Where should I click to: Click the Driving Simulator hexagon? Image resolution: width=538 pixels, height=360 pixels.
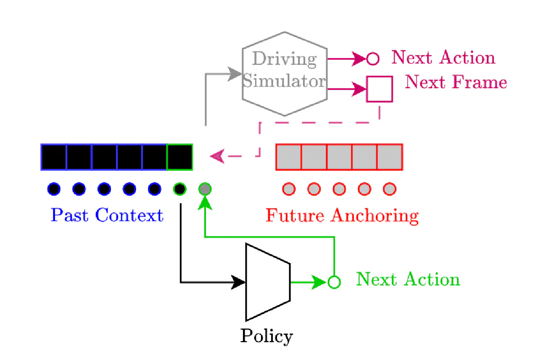pos(285,74)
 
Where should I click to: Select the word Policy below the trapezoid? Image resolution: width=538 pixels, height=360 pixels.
pos(266,336)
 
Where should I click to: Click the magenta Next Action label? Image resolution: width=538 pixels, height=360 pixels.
pos(443,58)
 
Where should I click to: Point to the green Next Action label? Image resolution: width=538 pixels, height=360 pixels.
pos(408,279)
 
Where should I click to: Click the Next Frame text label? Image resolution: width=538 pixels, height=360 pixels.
pos(456,82)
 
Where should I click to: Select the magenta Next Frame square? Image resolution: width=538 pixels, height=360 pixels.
pos(380,89)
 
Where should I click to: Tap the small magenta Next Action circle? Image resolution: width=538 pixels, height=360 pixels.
pos(373,59)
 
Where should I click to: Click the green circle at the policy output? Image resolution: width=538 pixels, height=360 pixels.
pos(334,282)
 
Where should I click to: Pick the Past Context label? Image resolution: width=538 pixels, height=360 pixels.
pos(107,215)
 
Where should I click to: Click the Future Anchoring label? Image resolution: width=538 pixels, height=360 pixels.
pos(342,216)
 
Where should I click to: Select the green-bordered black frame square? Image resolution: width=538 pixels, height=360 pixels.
pos(180,157)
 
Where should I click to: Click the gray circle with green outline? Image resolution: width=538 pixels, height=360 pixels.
pos(205,189)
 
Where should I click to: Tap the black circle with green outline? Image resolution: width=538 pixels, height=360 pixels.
pos(179,189)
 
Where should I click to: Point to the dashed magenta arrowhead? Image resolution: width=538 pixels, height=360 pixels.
pos(216,156)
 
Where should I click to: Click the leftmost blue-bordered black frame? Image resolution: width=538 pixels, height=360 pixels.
pos(54,157)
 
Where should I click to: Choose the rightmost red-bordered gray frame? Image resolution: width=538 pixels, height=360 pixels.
pos(390,157)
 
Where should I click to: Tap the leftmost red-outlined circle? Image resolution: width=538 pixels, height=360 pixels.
pos(289,189)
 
